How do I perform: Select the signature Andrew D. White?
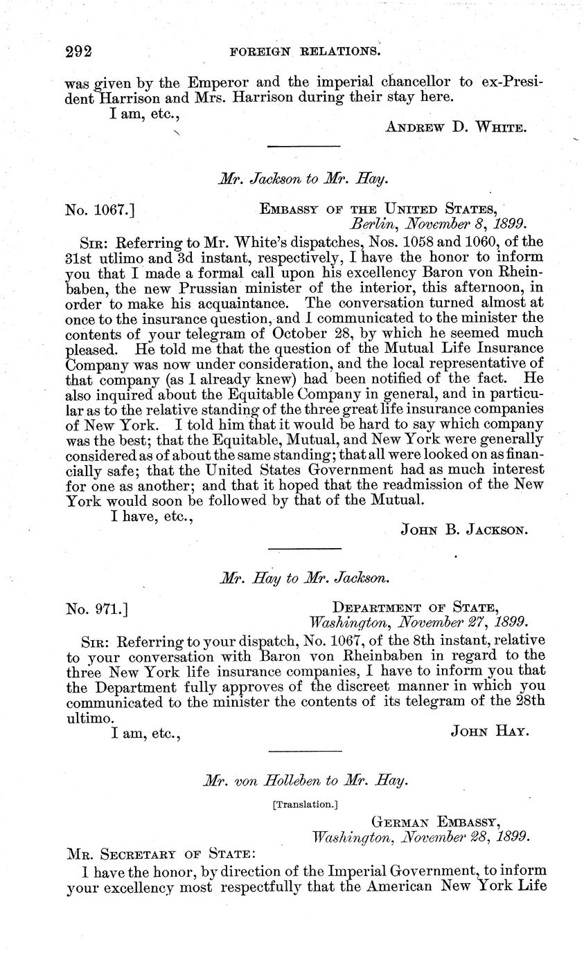pos(457,127)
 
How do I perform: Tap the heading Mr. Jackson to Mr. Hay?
pos(303,179)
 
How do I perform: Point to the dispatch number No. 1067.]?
pos(104,208)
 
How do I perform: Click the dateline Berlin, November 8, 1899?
pos(438,224)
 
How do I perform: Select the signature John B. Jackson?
pos(465,530)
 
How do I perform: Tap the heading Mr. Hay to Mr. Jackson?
pos(303,577)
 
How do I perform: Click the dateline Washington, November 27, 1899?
pos(419,621)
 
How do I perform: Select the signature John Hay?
pos(490,730)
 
